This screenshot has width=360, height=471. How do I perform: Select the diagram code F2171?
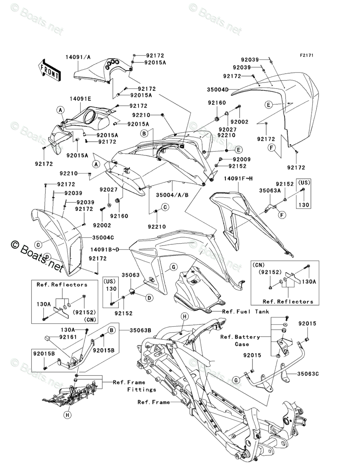[x=306, y=56]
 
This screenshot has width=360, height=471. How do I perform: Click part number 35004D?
[x=230, y=89]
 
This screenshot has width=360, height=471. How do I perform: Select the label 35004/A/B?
[x=173, y=194]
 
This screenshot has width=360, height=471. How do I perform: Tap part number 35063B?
[x=140, y=330]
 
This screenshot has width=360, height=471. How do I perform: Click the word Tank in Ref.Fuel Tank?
[x=261, y=311]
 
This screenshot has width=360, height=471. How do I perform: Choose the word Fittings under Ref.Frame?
[x=142, y=389]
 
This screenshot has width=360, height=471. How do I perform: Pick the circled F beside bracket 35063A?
[x=282, y=215]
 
